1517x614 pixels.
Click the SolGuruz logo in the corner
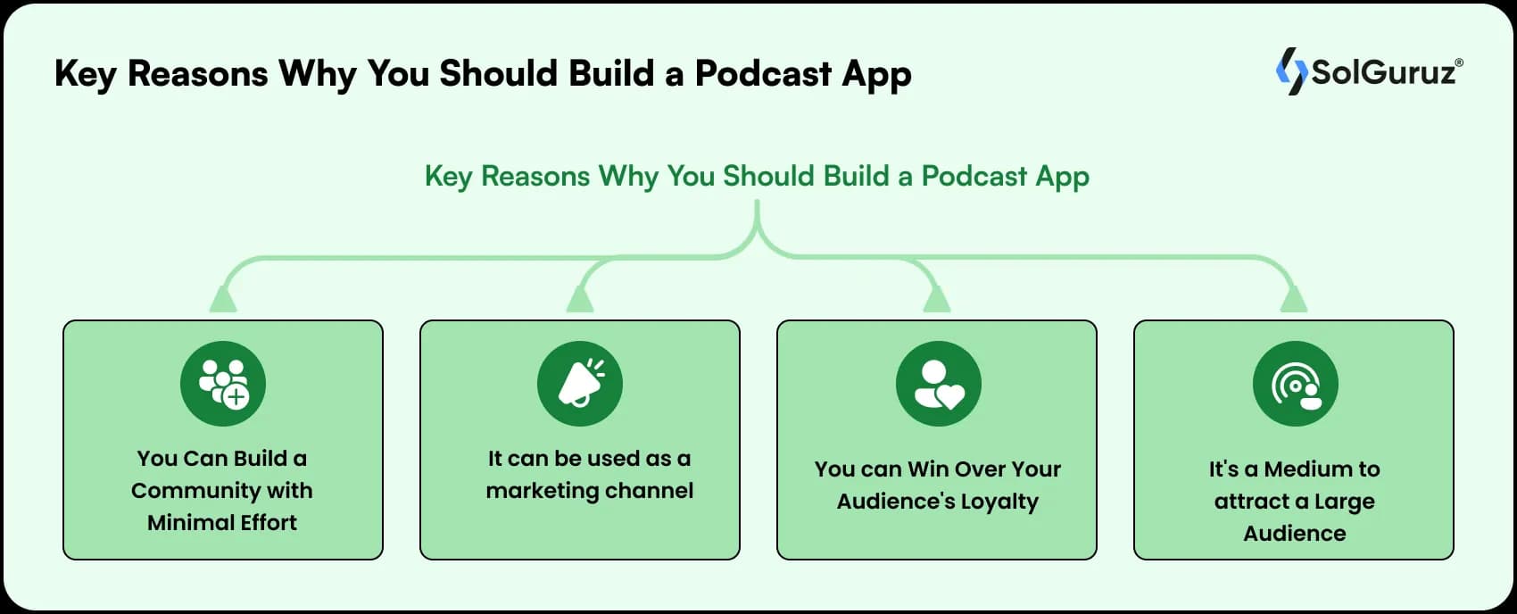point(1369,71)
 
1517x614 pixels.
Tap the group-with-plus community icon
point(223,383)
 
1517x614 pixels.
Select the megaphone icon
point(580,383)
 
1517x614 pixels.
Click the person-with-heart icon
point(938,384)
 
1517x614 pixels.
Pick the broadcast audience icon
point(1295,384)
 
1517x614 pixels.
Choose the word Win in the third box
point(927,469)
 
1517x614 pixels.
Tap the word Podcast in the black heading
point(763,74)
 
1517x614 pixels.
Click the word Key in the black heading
point(85,74)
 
